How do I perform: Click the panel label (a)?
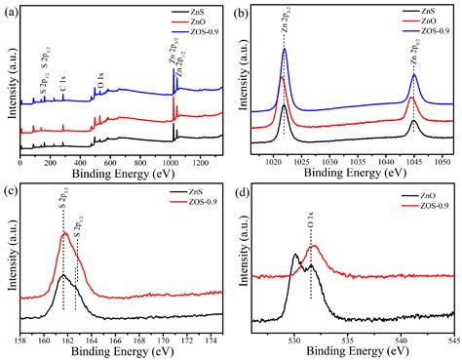[x=11, y=14]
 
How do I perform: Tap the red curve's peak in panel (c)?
[x=65, y=233]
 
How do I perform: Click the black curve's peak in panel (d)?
[x=296, y=256]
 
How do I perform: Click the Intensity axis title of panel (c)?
[x=8, y=259]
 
